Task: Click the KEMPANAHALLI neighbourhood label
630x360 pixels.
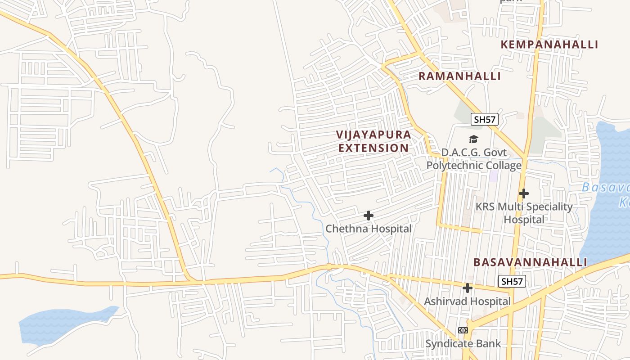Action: click(549, 45)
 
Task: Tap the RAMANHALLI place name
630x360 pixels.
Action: click(459, 76)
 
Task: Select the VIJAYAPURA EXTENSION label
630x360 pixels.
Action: click(373, 141)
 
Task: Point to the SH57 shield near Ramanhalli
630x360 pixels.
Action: click(484, 119)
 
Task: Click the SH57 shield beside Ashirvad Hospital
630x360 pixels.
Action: click(513, 282)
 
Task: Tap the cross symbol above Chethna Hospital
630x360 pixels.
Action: click(369, 216)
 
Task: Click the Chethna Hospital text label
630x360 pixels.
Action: click(369, 229)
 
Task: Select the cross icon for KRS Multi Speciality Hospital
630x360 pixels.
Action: click(523, 193)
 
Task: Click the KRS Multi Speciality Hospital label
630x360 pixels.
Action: click(524, 213)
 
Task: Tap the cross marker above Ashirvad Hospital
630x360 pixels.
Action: click(468, 288)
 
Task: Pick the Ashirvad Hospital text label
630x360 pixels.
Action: click(468, 301)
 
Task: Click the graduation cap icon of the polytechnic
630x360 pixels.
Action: click(473, 139)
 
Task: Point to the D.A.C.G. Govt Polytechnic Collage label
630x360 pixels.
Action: click(474, 159)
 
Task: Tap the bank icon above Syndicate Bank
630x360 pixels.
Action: click(463, 330)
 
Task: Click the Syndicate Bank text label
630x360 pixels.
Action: click(463, 344)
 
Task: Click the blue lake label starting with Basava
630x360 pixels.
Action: click(605, 193)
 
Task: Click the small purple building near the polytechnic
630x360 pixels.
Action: click(494, 176)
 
